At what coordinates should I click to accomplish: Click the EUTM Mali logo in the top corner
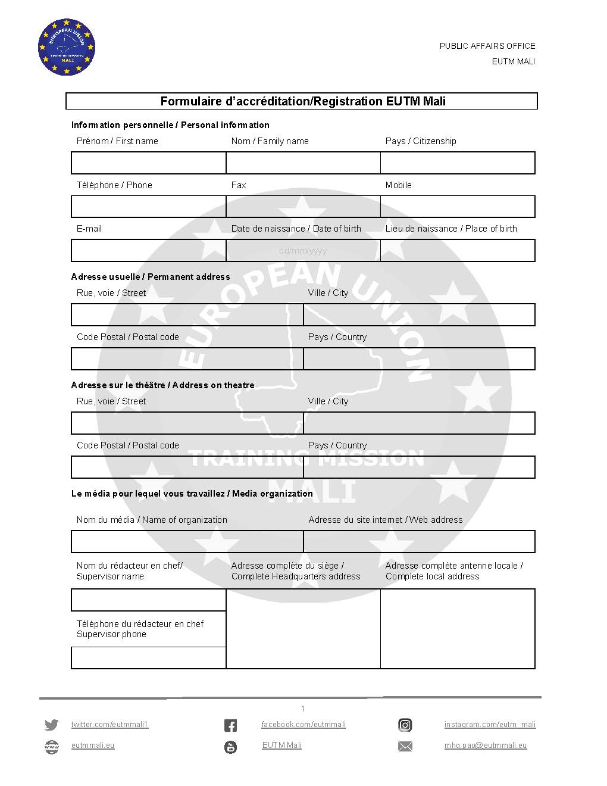(x=66, y=47)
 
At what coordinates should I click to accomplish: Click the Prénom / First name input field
(x=148, y=163)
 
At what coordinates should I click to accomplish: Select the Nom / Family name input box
(x=303, y=163)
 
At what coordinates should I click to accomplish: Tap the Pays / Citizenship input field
(x=457, y=163)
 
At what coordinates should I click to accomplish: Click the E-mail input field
(x=148, y=250)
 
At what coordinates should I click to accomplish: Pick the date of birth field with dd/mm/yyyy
(x=303, y=250)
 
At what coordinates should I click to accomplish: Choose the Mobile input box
(x=457, y=207)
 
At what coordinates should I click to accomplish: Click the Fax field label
(x=239, y=185)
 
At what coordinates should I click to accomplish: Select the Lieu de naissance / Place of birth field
(x=457, y=250)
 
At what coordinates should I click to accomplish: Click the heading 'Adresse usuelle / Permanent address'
(x=151, y=277)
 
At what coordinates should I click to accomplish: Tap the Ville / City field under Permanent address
(x=419, y=314)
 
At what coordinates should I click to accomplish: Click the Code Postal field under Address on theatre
(x=187, y=467)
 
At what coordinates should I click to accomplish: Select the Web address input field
(x=419, y=541)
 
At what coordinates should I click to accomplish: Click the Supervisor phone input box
(x=148, y=657)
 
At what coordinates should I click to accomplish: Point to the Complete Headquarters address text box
(x=303, y=628)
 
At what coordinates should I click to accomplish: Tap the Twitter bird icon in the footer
(x=52, y=725)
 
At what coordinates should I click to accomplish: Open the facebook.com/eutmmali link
(x=303, y=725)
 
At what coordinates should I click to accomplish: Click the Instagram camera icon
(x=405, y=725)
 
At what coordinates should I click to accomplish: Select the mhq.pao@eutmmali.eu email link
(x=486, y=746)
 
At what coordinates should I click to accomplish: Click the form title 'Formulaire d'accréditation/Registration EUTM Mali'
(x=303, y=101)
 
